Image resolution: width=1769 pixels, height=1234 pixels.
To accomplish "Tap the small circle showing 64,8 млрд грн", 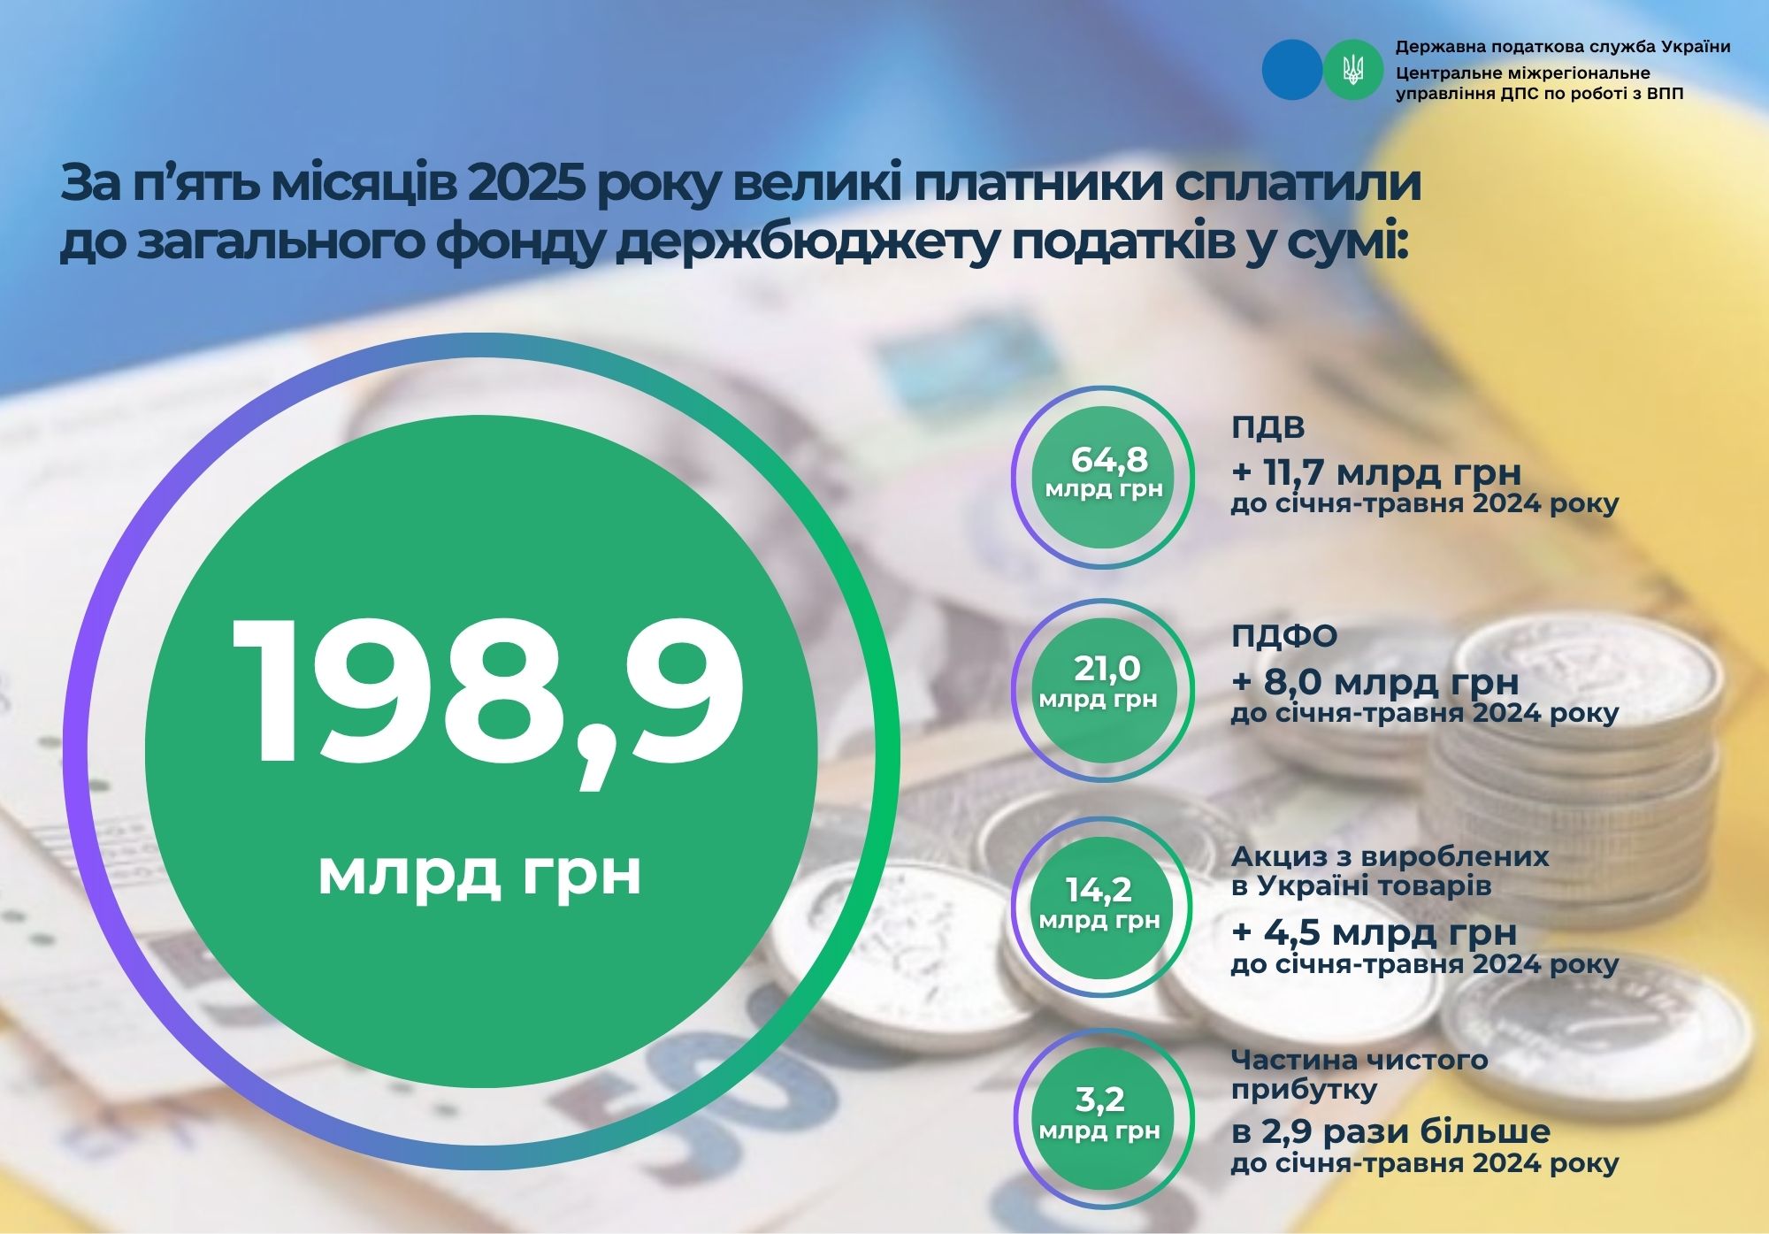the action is coord(1103,477).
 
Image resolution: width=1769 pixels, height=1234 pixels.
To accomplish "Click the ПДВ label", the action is coord(1267,428).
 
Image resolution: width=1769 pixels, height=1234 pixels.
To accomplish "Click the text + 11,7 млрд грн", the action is coord(1376,473).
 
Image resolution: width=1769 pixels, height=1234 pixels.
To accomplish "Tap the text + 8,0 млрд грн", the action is coord(1375,682).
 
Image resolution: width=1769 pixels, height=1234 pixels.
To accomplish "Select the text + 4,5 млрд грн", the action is coord(1375,932).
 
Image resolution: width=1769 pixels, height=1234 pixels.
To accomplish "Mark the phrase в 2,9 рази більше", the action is coord(1390,1131).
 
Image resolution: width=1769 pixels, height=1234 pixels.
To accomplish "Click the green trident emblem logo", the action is coord(1353,69).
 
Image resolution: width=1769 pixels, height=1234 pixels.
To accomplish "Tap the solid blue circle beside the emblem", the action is coord(1291,69).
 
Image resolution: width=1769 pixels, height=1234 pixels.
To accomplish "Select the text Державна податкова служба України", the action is coord(1563,47).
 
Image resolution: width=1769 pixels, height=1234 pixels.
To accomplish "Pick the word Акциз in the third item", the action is coord(1276,857).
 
